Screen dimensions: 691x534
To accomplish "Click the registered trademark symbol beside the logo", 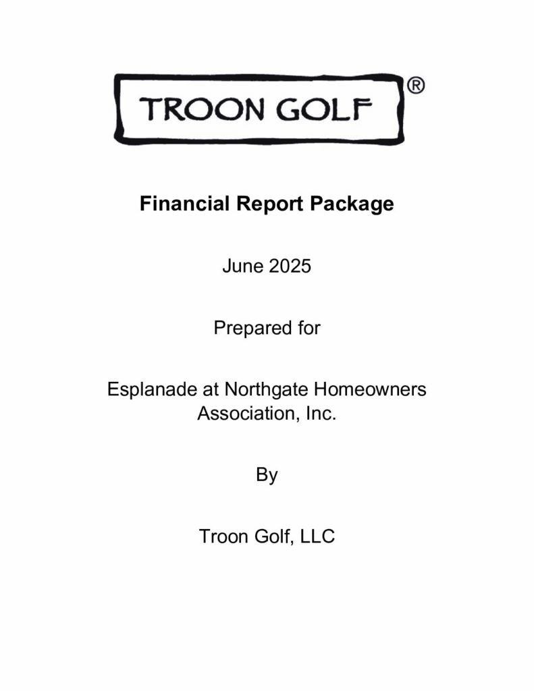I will click(x=416, y=86).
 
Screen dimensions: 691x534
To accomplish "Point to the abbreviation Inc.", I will click(x=321, y=412).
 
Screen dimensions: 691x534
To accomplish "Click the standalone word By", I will click(x=267, y=474).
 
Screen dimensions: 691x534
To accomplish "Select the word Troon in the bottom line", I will click(x=222, y=537).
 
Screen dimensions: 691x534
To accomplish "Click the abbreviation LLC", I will click(x=318, y=537).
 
